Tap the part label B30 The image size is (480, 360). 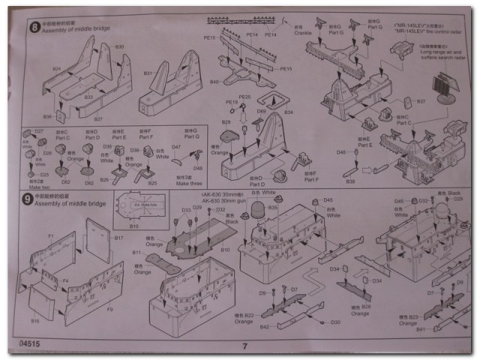119,46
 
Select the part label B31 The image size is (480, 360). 148,73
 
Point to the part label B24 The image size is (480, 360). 56,69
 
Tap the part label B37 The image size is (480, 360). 421,100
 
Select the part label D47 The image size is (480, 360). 177,148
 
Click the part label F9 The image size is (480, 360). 109,308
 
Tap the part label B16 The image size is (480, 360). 35,320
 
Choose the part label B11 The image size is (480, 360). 136,253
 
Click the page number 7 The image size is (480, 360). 244,346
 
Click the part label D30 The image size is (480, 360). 336,322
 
